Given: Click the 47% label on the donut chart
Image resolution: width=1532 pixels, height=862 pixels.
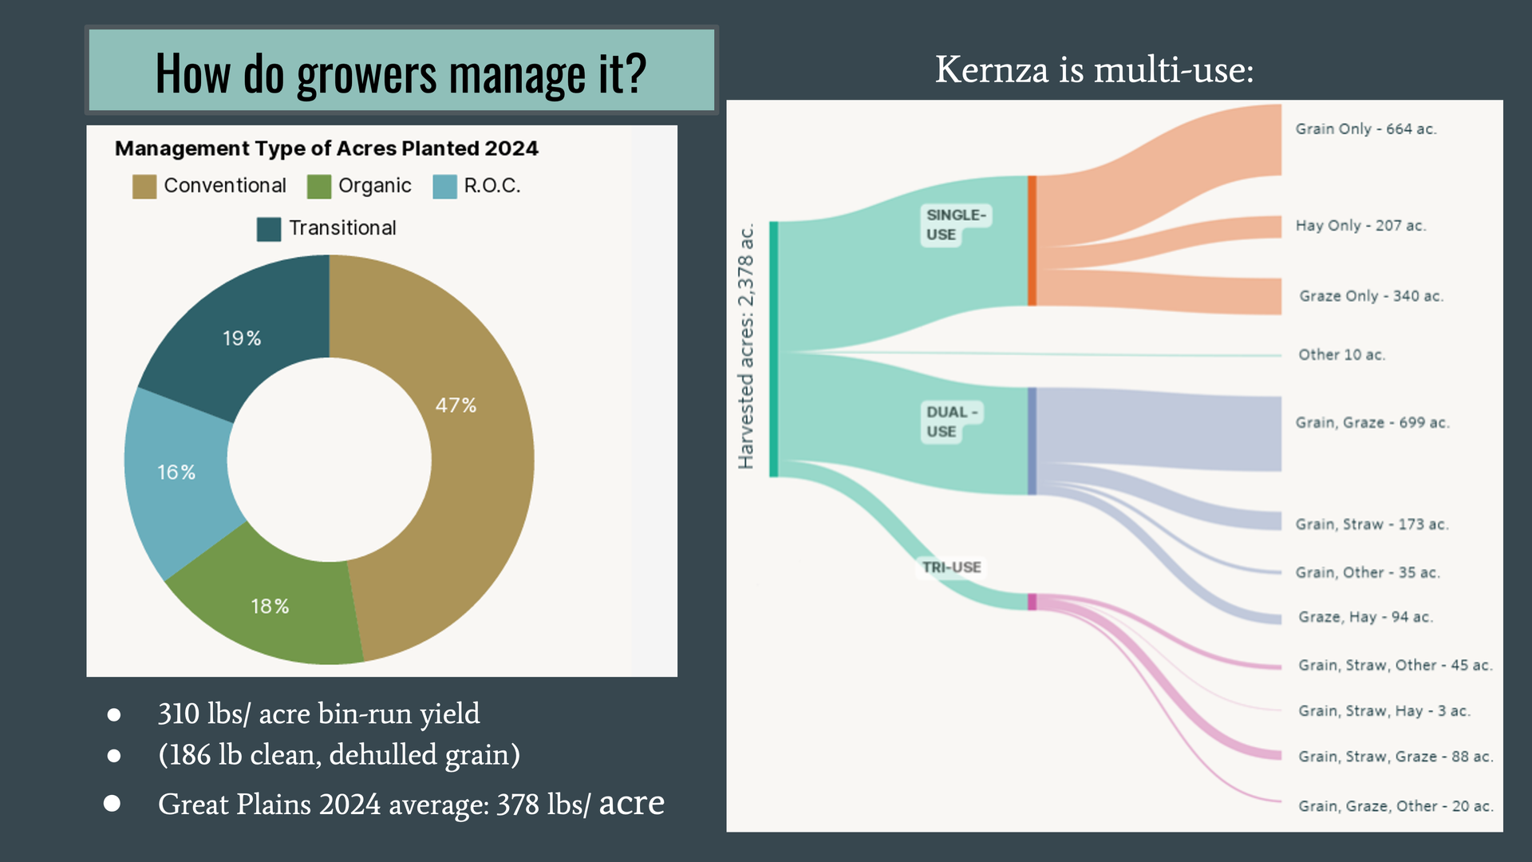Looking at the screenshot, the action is (456, 405).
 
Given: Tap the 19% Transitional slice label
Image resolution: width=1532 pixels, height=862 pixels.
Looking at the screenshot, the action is (242, 338).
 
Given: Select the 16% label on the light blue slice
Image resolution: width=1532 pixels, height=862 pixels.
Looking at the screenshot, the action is (176, 473).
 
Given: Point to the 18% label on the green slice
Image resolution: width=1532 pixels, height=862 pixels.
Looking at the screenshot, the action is (270, 607).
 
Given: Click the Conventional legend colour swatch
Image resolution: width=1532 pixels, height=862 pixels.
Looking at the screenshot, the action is (144, 187).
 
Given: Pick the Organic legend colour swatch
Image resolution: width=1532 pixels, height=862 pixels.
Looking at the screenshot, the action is (319, 187).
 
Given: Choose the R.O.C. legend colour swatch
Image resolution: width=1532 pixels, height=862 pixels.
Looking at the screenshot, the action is (444, 187).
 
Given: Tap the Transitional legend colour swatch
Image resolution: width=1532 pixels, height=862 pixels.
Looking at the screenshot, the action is (269, 229).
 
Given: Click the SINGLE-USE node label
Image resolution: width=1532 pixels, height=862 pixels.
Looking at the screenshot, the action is (956, 225).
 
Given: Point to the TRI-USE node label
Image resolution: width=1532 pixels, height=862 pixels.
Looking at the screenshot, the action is (952, 567).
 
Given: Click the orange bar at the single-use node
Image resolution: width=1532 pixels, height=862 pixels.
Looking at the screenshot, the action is (1032, 240).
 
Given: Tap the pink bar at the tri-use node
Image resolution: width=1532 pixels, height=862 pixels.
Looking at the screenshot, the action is (1032, 602).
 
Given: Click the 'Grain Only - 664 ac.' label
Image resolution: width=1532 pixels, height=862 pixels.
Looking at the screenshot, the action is (1366, 129).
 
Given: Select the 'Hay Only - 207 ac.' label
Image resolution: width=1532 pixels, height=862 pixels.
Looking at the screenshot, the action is (1360, 226).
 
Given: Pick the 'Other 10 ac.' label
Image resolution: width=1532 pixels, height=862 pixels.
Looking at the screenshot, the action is (1342, 355).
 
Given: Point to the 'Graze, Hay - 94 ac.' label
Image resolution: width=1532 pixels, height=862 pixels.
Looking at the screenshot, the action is (1366, 617).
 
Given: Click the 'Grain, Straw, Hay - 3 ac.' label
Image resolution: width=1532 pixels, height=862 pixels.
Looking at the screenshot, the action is (1384, 711).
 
